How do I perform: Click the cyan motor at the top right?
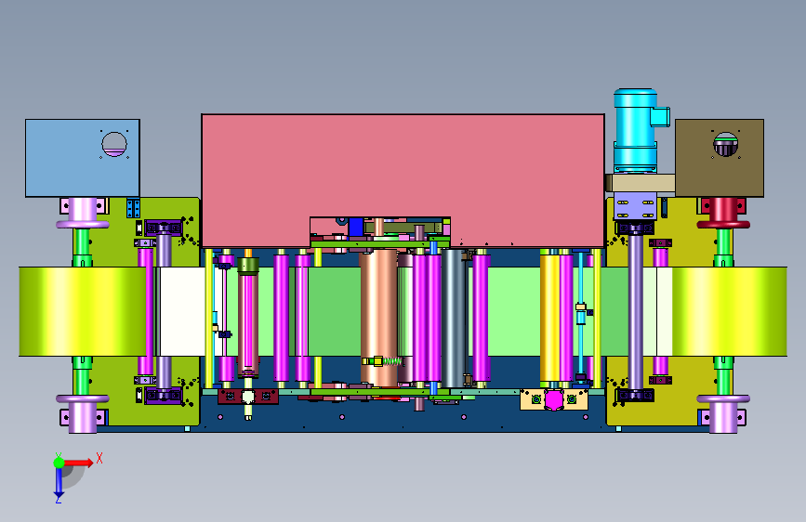(x=637, y=130)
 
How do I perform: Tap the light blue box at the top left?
(x=82, y=158)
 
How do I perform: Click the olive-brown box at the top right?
(x=720, y=158)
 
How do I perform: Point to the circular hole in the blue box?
(x=114, y=144)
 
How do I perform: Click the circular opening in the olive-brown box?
(x=725, y=144)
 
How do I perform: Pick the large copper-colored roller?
(x=378, y=318)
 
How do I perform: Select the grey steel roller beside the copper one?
(x=453, y=319)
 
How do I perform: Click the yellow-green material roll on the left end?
(x=82, y=311)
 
